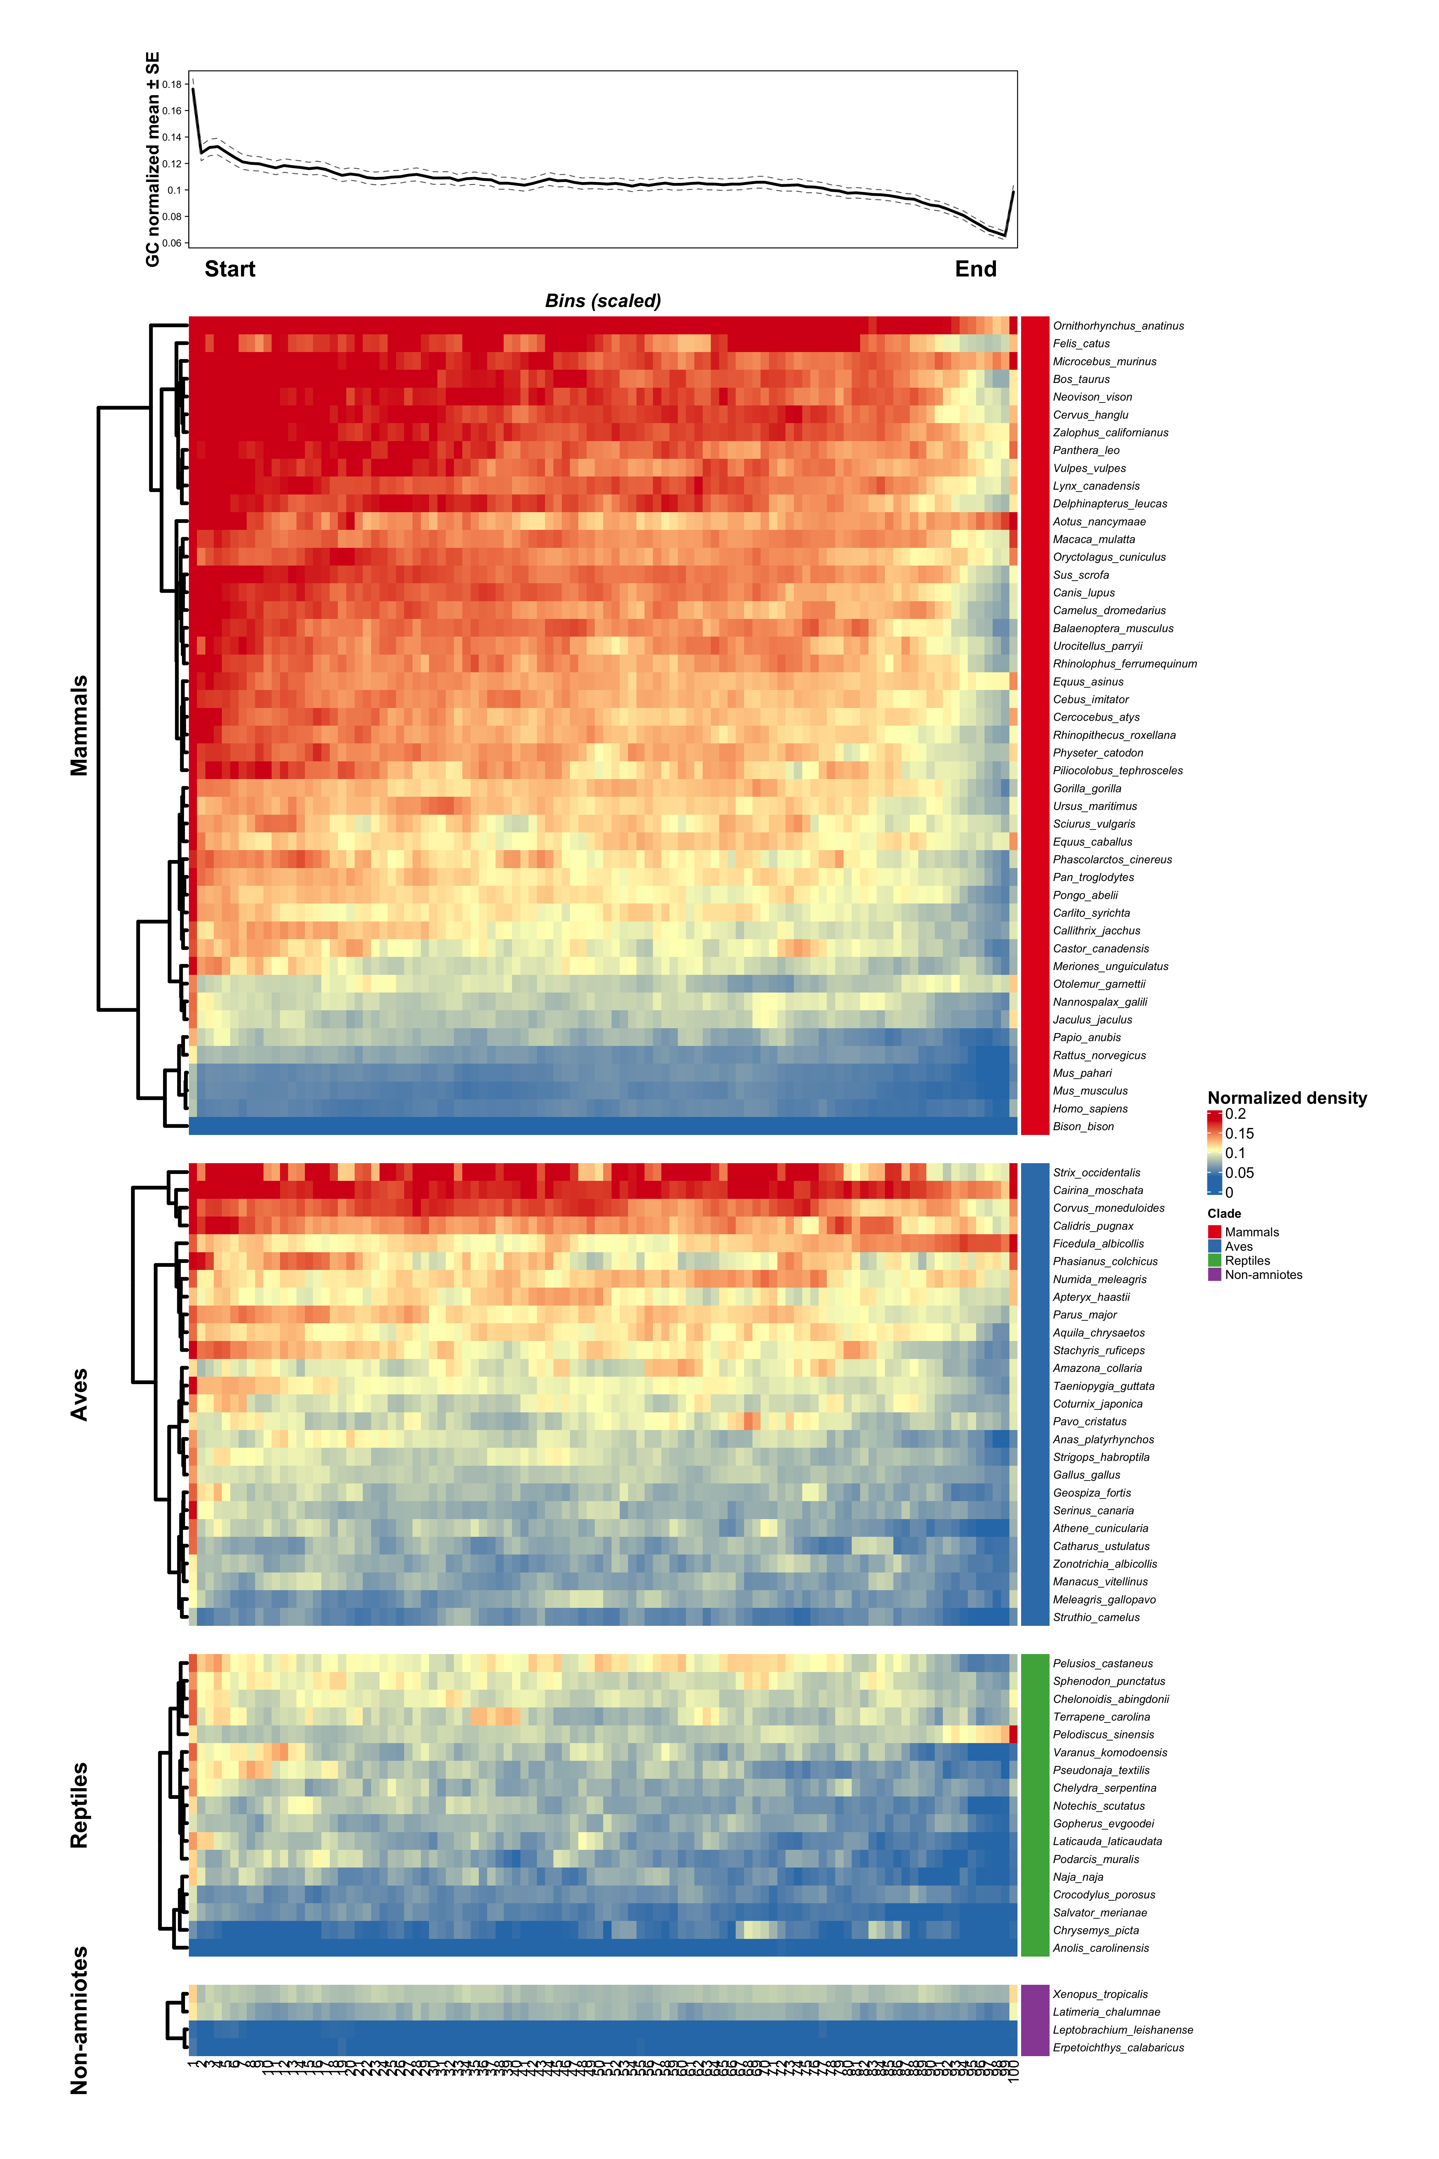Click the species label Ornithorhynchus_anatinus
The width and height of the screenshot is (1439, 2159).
[x=1118, y=326]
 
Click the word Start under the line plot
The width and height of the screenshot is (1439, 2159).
[x=229, y=269]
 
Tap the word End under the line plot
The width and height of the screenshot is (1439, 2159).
[x=976, y=269]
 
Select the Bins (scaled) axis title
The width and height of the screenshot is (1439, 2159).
[x=603, y=301]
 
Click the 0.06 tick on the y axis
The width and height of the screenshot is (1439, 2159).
[x=171, y=243]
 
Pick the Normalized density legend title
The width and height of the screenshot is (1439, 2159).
[x=1287, y=1098]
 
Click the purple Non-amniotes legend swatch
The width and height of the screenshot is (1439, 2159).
[x=1214, y=1275]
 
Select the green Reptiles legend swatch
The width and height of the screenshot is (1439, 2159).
[x=1214, y=1260]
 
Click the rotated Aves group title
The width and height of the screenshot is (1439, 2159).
[x=80, y=1394]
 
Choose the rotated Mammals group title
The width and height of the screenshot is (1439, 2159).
[x=80, y=725]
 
